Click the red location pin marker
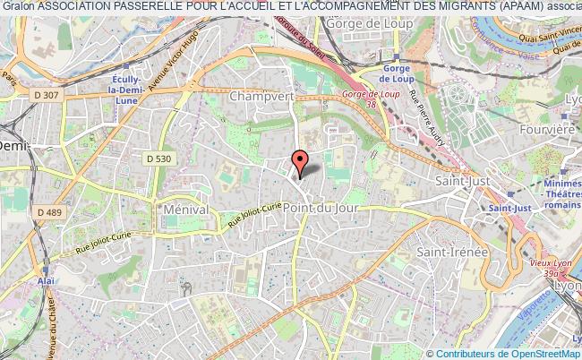click(301, 161)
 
